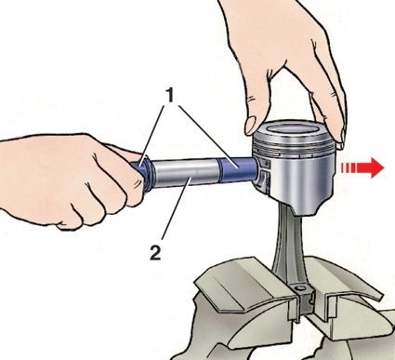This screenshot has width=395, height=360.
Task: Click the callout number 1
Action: pyautogui.click(x=169, y=96)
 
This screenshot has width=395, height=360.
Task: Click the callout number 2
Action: pyautogui.click(x=155, y=252)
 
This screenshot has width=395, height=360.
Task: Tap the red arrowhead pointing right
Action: pyautogui.click(x=375, y=167)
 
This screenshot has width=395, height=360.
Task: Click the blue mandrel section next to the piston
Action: pyautogui.click(x=238, y=169)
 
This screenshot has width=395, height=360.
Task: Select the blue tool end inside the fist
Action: pyautogui.click(x=140, y=171)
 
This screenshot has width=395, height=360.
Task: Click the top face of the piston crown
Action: pyautogui.click(x=293, y=129)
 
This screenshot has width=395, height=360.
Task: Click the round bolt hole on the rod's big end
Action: pyautogui.click(x=299, y=289)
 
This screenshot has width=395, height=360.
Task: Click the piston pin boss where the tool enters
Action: pyautogui.click(x=262, y=175)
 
